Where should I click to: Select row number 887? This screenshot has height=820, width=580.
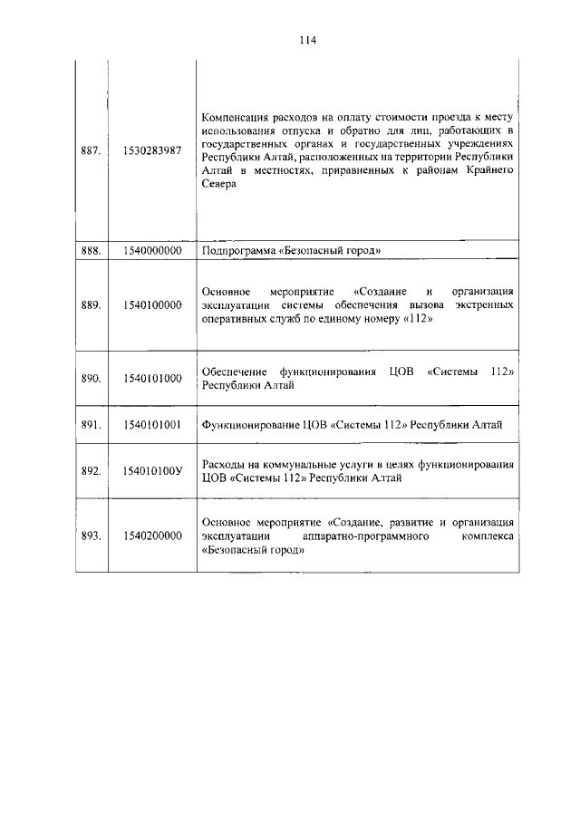pyautogui.click(x=91, y=150)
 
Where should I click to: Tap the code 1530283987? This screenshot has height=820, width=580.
pyautogui.click(x=152, y=150)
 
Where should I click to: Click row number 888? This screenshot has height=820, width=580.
pyautogui.click(x=91, y=250)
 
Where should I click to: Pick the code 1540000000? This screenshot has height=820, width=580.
pyautogui.click(x=152, y=250)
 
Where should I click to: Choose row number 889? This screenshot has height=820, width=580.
pyautogui.click(x=91, y=305)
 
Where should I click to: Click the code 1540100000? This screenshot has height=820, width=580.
pyautogui.click(x=152, y=305)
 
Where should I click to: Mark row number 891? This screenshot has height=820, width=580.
pyautogui.click(x=91, y=424)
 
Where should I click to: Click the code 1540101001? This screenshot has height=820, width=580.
pyautogui.click(x=152, y=424)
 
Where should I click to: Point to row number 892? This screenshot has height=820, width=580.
pyautogui.click(x=91, y=471)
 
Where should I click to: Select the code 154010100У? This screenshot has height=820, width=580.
pyautogui.click(x=152, y=471)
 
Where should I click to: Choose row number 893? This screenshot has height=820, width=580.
pyautogui.click(x=91, y=535)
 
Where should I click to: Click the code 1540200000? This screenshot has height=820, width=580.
pyautogui.click(x=152, y=535)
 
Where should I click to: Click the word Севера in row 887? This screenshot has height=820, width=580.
pyautogui.click(x=219, y=184)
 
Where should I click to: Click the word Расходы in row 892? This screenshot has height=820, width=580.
pyautogui.click(x=224, y=464)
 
